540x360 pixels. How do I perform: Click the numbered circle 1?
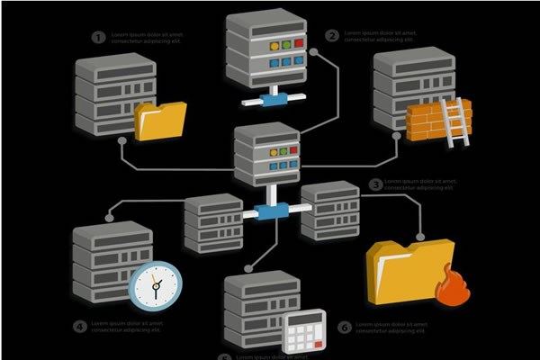point(98,37)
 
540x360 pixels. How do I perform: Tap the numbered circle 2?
point(332,36)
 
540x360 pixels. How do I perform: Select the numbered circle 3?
point(376,184)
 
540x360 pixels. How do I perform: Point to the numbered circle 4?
point(80,326)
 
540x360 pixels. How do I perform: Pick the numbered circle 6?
point(344,328)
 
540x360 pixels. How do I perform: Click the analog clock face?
point(155,286)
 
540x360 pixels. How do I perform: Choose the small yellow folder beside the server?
point(160,121)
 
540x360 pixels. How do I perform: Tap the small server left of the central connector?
point(212,220)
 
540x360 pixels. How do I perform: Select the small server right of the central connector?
point(329,209)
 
